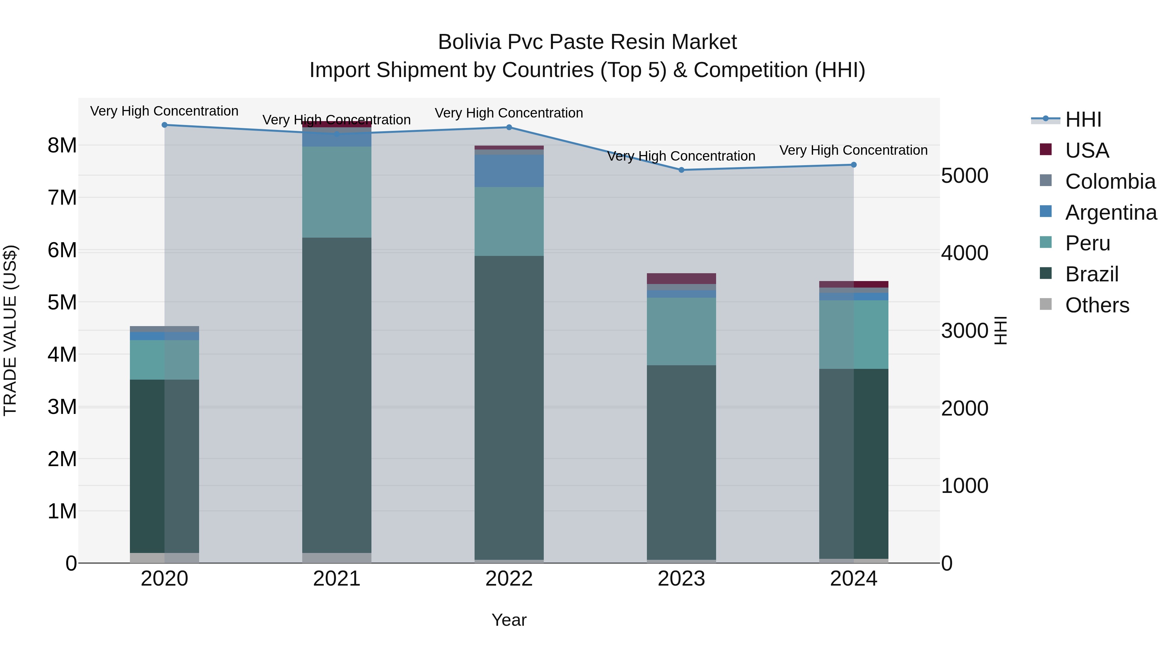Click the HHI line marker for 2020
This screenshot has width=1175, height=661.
[x=165, y=125]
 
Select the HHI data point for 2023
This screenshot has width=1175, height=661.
[x=681, y=170]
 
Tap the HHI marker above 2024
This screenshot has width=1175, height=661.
[x=854, y=165]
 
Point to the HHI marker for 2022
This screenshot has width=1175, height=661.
[x=509, y=127]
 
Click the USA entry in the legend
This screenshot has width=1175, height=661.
[x=1087, y=150]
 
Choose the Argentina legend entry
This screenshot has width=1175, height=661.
[x=1111, y=212]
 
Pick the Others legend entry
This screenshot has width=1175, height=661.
[x=1097, y=305]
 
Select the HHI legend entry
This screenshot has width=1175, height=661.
[x=1083, y=119]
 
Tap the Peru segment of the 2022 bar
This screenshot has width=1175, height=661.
[x=509, y=221]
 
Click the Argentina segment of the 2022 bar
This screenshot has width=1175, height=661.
[x=509, y=171]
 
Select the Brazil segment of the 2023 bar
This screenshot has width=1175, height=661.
[x=681, y=462]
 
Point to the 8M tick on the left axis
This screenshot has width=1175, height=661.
[x=62, y=146]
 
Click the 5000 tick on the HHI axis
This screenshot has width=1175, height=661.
[x=964, y=176]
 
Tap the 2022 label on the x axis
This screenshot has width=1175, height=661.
[x=509, y=579]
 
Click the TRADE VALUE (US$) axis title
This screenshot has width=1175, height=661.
[x=10, y=330]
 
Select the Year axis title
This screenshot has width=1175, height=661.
[x=509, y=620]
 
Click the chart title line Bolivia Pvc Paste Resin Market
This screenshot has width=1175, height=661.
[x=587, y=42]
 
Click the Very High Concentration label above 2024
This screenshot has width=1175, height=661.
[x=854, y=150]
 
